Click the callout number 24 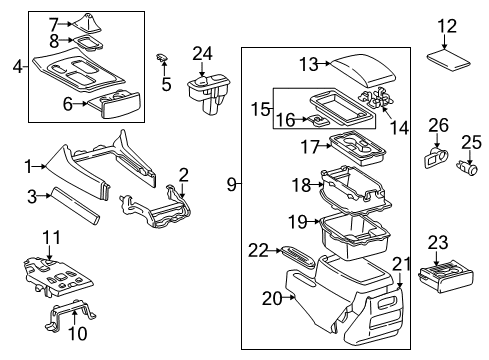click(x=204, y=53)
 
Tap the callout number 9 click(x=232, y=183)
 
